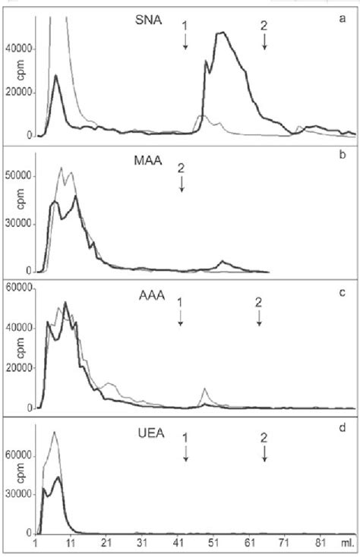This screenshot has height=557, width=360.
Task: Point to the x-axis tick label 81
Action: pyautogui.click(x=321, y=543)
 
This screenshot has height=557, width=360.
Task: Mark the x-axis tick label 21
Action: pyautogui.click(x=106, y=543)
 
